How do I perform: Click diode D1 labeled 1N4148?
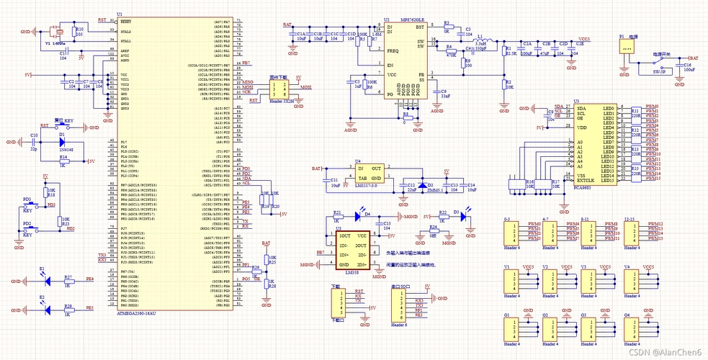pos(63,142)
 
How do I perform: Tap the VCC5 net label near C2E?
pos(583,39)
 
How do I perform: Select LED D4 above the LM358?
pos(365,215)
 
